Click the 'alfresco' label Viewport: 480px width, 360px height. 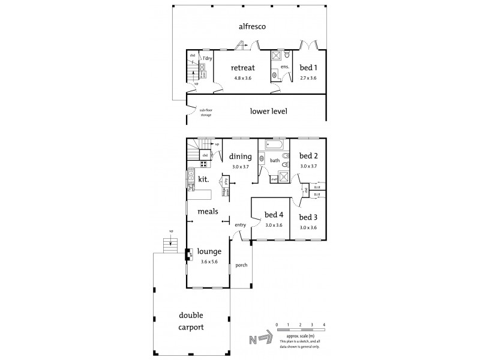[253, 26]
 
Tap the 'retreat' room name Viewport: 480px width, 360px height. [244, 68]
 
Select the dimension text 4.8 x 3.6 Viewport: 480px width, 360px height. [244, 78]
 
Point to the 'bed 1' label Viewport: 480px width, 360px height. [308, 68]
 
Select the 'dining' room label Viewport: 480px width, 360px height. [240, 157]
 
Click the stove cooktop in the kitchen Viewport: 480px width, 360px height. [204, 163]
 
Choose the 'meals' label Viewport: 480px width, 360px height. [207, 211]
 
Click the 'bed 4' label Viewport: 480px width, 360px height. [274, 215]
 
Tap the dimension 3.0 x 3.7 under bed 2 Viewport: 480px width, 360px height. [308, 166]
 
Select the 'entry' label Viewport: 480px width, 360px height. [241, 225]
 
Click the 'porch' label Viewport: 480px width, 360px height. [241, 265]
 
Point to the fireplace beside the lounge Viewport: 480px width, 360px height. [189, 254]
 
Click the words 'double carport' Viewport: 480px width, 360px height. [187, 322]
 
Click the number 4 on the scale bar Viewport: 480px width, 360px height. [324, 325]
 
